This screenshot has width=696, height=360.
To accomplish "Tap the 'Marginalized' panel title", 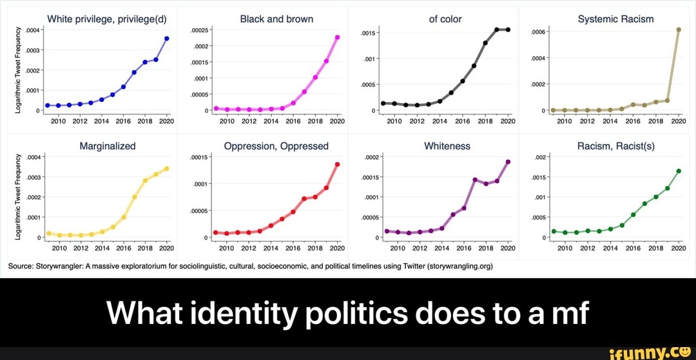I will [x=108, y=146].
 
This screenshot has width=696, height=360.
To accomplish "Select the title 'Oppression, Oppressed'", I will [x=276, y=146].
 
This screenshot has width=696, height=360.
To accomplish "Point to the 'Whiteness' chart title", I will [x=447, y=146].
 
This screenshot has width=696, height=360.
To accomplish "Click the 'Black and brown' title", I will [x=276, y=19].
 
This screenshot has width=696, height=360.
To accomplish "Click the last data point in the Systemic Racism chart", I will [x=679, y=30].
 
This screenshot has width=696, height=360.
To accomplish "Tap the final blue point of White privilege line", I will [x=167, y=39].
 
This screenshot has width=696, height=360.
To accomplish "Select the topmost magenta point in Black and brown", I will [x=338, y=37].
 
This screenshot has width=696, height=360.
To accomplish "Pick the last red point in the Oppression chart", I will [x=337, y=164].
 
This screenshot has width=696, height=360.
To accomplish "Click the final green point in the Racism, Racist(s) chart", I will [x=679, y=171].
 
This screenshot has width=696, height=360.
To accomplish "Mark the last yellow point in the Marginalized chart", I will [x=167, y=169].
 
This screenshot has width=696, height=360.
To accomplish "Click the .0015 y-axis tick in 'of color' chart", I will [x=367, y=33].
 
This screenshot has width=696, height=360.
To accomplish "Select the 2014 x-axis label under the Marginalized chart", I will [x=102, y=247].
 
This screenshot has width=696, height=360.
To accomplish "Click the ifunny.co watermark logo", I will [x=645, y=351].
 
